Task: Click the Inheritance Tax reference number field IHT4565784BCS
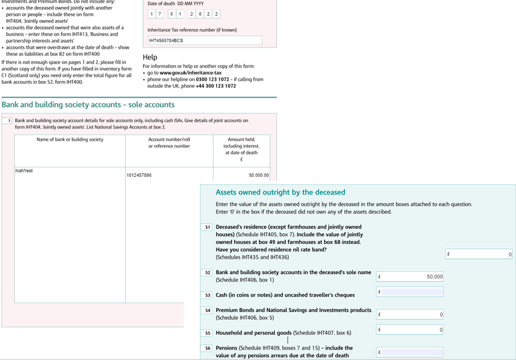point(204,40)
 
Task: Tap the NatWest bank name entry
point(24,171)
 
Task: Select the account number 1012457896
point(139,175)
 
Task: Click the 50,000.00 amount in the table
point(259,175)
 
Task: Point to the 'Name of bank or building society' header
point(70,140)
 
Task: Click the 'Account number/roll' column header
point(169,140)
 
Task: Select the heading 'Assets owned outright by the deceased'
point(280,192)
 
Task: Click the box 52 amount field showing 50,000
point(410,276)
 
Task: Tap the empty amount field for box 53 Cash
point(410,292)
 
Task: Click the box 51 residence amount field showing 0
point(479,254)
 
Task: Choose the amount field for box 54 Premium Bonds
point(410,315)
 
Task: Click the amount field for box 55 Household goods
point(410,330)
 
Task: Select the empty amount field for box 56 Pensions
point(410,352)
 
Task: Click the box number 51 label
point(208,227)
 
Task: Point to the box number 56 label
point(208,348)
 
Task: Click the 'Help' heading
point(150,57)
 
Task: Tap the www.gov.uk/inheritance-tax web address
point(190,73)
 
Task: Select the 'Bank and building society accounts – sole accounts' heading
point(88,105)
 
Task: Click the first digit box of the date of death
point(152,14)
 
